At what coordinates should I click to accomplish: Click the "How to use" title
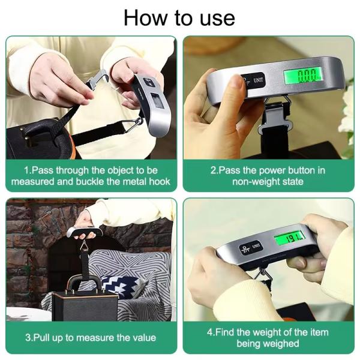coord(179,17)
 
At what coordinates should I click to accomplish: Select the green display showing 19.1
coord(289,239)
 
